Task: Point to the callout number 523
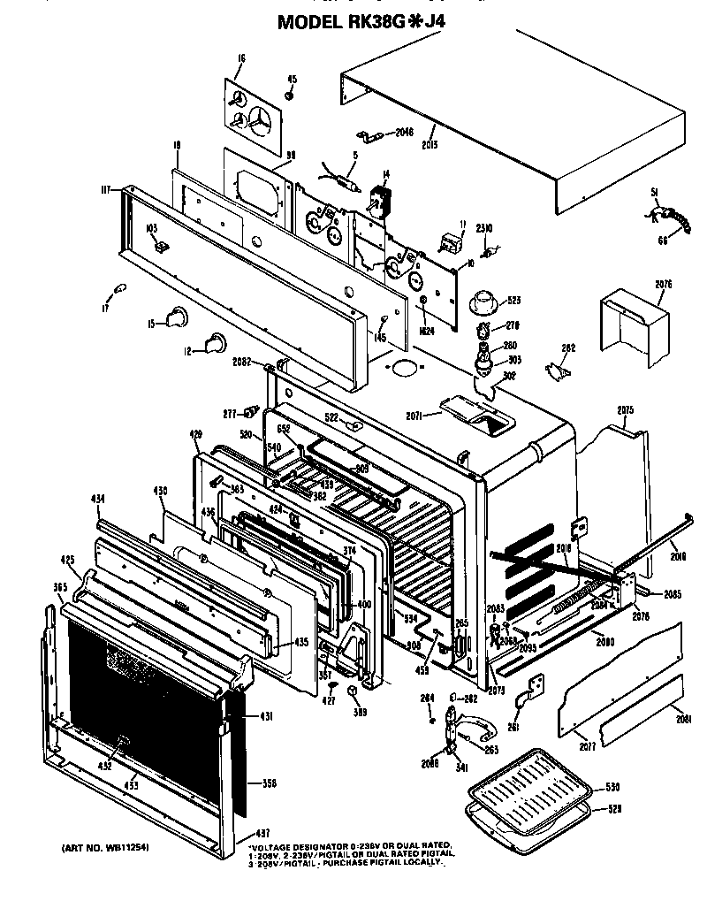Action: pos(513,301)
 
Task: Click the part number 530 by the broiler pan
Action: pos(612,787)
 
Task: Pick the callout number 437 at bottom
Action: pos(262,833)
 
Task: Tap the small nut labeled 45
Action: pos(289,95)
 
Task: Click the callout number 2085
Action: pos(673,593)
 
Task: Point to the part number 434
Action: pos(98,500)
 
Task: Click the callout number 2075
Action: pos(627,410)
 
